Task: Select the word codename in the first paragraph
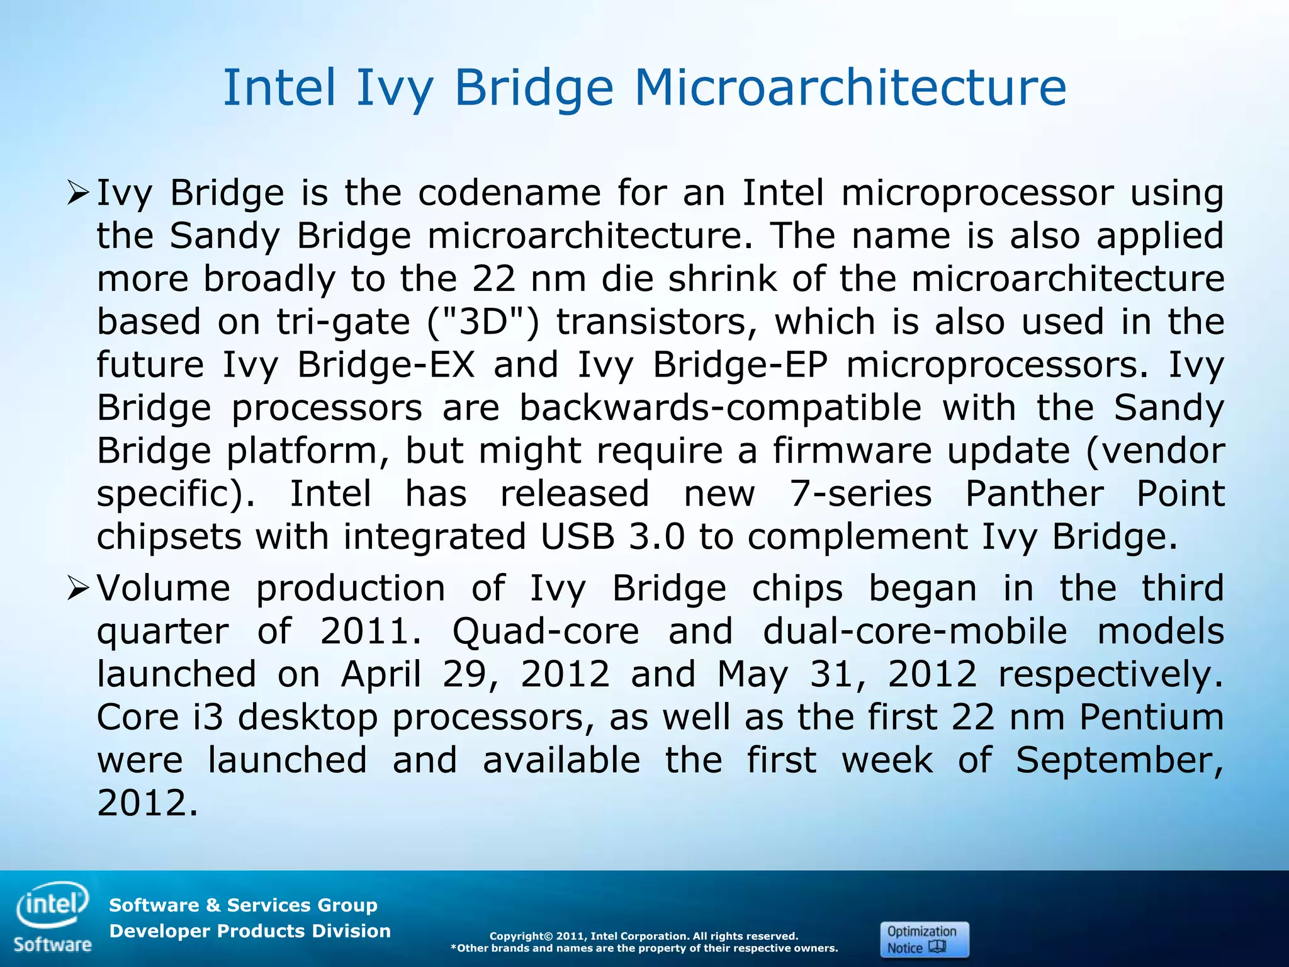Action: (509, 193)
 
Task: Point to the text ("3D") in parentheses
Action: (483, 322)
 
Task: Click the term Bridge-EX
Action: (385, 365)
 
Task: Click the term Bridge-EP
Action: (740, 365)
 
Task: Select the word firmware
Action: (852, 451)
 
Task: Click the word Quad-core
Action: (545, 631)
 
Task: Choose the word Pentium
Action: (1151, 717)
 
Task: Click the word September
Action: (1119, 761)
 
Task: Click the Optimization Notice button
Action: (924, 939)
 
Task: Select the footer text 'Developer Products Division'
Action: (250, 930)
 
